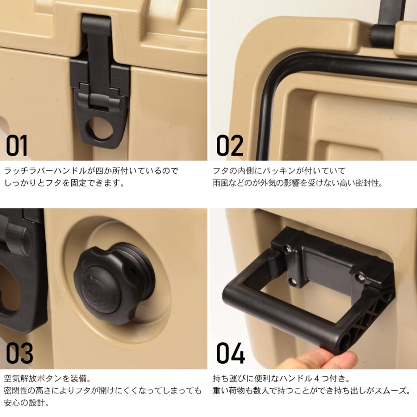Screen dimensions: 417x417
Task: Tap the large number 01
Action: coord(17,145)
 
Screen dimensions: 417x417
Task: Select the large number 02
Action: coord(230,145)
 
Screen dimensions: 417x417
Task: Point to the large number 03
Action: coord(19,354)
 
